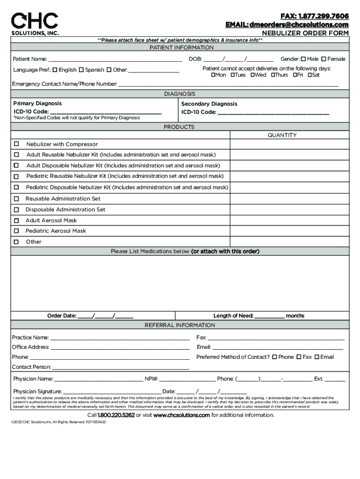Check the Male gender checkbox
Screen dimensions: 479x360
[x=303, y=59]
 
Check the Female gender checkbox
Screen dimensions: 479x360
[x=324, y=59]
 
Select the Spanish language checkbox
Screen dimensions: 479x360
[x=81, y=70]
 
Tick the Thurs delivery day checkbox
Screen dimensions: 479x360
[x=273, y=75]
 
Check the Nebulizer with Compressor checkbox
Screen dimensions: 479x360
[x=16, y=144]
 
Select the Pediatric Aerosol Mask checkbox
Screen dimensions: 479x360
[x=16, y=231]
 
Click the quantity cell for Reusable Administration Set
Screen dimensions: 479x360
[x=289, y=199]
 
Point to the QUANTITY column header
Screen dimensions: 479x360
[x=282, y=135]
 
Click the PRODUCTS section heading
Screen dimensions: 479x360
[x=179, y=127]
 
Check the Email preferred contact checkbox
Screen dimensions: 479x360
[x=317, y=357]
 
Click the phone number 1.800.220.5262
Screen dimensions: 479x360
[x=116, y=415]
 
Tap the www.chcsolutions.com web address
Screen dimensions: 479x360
[x=181, y=415]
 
